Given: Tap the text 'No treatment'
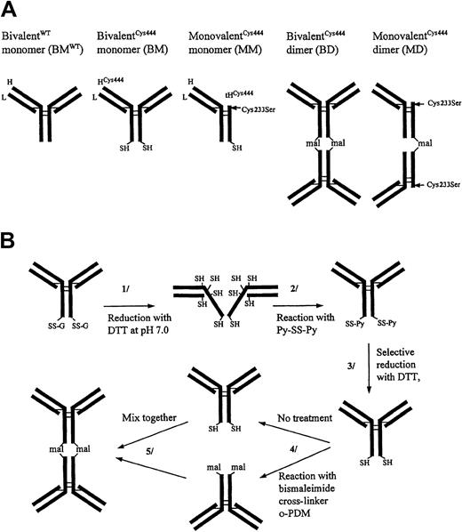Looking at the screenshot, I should click(x=291, y=413).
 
